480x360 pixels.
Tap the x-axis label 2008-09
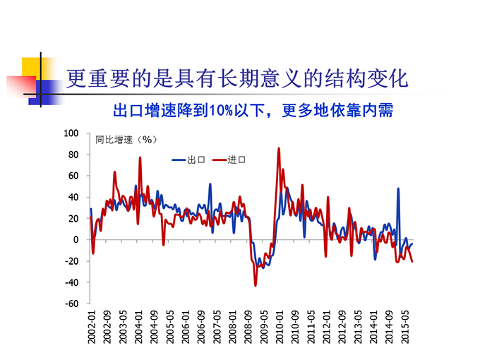(x=248, y=326)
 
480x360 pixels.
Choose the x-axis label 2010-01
(x=280, y=326)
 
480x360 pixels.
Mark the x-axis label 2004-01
(x=139, y=326)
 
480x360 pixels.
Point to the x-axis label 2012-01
(x=327, y=326)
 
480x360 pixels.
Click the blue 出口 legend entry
(x=188, y=160)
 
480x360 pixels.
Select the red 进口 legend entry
(x=229, y=160)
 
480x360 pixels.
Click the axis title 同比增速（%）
(x=125, y=139)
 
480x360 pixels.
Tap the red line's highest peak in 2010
(x=279, y=148)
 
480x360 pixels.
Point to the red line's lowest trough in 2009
(x=256, y=284)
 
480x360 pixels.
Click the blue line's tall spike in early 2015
(x=398, y=188)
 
